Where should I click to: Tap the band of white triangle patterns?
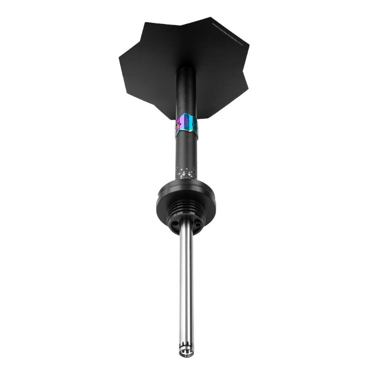tap(186, 172)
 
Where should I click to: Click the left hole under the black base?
tap(175, 225)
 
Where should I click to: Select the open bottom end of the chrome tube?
tap(186, 354)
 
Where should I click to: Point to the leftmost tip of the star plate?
tap(120, 58)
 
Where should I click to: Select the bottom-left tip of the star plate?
tap(161, 117)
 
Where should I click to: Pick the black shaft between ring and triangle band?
tap(186, 150)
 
